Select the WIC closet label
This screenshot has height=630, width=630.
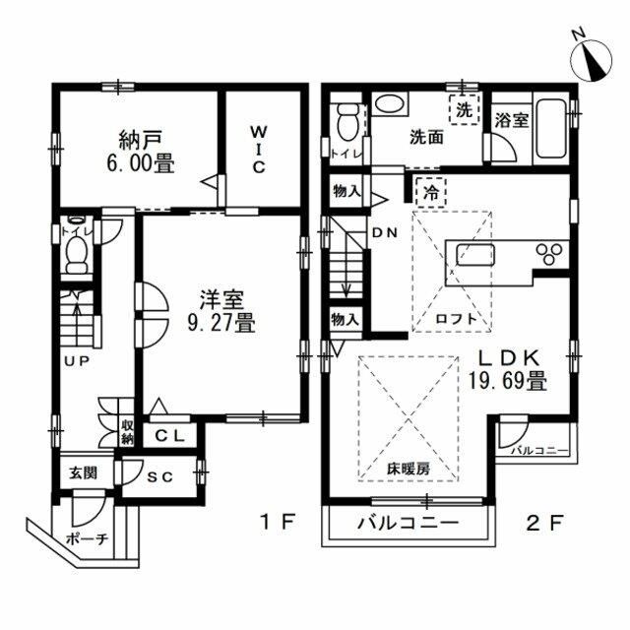click(x=257, y=149)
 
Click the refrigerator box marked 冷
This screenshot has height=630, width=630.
click(x=429, y=193)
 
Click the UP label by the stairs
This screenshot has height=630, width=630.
click(x=77, y=361)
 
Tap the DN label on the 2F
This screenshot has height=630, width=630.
click(x=384, y=232)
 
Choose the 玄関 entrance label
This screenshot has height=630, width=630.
click(x=83, y=472)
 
